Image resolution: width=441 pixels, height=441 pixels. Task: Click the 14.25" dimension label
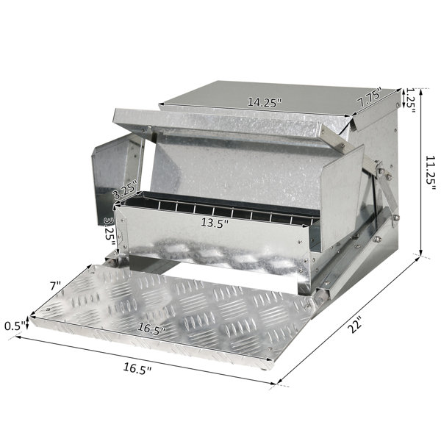point(264,102)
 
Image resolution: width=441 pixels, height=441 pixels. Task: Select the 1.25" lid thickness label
point(411,100)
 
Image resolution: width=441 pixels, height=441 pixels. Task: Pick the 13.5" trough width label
point(215,223)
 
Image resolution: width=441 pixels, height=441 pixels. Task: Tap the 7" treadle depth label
point(55,287)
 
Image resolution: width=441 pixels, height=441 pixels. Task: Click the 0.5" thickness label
point(15,326)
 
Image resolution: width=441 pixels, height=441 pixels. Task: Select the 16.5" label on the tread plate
point(151,329)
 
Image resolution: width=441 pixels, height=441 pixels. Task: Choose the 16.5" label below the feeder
point(137,368)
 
